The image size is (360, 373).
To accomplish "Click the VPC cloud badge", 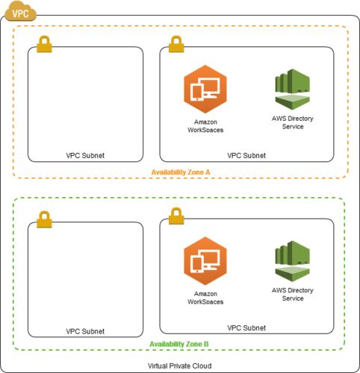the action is click(20, 11).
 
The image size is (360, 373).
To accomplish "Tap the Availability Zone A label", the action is click(181, 172).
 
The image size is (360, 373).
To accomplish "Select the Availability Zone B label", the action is click(179, 344).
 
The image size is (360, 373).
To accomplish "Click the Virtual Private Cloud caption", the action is click(180, 366).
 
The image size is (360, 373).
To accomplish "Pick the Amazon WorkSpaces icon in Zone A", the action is click(205, 89).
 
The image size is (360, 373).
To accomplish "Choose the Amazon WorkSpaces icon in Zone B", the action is click(205, 261).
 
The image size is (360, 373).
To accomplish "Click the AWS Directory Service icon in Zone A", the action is click(293, 90).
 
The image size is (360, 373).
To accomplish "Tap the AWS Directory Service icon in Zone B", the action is click(293, 261).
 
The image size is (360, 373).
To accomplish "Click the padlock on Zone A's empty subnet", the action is click(44, 44).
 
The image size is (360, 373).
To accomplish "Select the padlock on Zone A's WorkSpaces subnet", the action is click(176, 44).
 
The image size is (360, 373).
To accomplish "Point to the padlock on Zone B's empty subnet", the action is click(44, 219).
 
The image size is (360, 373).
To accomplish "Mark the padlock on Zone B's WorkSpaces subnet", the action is click(176, 216).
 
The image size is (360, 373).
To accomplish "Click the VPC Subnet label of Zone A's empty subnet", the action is click(85, 156).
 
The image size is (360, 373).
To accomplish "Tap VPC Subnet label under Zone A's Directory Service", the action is click(246, 156).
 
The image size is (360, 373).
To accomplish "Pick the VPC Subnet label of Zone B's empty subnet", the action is click(85, 331).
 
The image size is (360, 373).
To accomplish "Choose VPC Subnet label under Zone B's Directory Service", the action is click(246, 327).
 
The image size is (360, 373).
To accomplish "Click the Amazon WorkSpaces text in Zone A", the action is click(205, 126).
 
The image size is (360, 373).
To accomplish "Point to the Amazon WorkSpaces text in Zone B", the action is click(205, 298).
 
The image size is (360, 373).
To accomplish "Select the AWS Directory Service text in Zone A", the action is click(293, 122).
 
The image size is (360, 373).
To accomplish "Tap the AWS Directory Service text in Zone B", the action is click(293, 294).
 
